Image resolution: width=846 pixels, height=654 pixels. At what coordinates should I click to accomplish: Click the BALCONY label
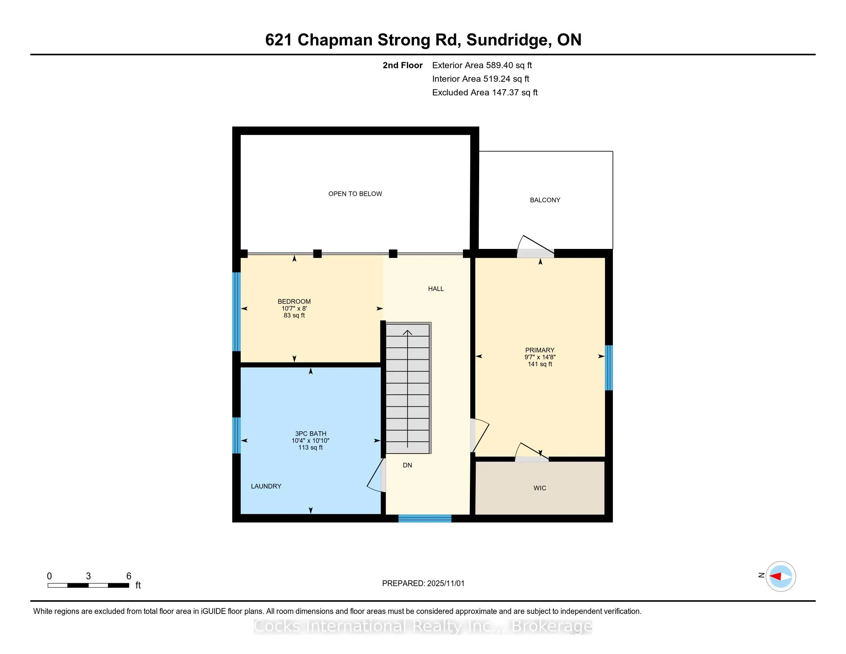pyautogui.click(x=545, y=200)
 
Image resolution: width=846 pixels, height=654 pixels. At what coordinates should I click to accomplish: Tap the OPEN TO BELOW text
pyautogui.click(x=355, y=194)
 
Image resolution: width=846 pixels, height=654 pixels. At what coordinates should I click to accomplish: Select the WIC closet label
pyautogui.click(x=540, y=488)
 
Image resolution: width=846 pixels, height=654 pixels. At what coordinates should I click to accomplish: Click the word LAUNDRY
pyautogui.click(x=266, y=486)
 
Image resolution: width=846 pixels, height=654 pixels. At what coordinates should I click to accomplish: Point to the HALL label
pyautogui.click(x=436, y=289)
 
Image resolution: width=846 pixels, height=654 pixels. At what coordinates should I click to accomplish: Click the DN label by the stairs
pyautogui.click(x=407, y=465)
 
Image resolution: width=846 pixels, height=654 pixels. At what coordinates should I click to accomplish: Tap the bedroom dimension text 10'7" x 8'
pyautogui.click(x=294, y=309)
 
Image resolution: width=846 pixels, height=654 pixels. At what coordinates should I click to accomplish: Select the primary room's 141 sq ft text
pyautogui.click(x=540, y=364)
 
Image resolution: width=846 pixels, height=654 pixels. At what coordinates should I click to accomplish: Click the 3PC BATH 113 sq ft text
pyautogui.click(x=310, y=447)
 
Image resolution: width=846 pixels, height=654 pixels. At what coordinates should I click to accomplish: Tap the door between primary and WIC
pyautogui.click(x=531, y=453)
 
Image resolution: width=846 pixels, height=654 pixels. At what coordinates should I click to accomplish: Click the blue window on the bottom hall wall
pyautogui.click(x=425, y=519)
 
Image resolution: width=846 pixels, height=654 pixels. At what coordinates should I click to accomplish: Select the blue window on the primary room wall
pyautogui.click(x=609, y=367)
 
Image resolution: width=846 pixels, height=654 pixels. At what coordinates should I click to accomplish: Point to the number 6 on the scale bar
pyautogui.click(x=128, y=576)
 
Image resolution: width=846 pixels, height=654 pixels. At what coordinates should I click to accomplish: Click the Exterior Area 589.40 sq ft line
pyautogui.click(x=482, y=65)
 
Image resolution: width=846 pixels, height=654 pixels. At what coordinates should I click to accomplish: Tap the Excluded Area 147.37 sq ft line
pyautogui.click(x=485, y=93)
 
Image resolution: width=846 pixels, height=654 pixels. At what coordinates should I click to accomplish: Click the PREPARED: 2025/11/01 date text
pyautogui.click(x=423, y=583)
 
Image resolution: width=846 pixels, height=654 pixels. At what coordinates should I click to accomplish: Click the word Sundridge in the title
pyautogui.click(x=507, y=40)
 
